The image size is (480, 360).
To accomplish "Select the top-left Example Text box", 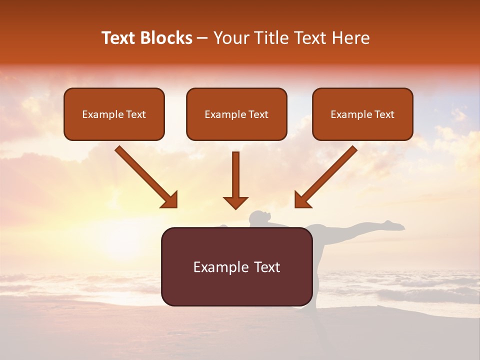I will point(114,114).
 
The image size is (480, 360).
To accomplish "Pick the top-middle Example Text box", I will point(236,114).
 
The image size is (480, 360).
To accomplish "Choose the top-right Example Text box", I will point(362,114).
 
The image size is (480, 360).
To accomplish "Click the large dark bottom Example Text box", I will point(236,266).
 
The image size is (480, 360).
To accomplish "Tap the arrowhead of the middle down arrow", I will point(235,202).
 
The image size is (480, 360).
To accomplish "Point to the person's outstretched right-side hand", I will point(397,226).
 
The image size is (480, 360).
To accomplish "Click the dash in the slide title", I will point(202,38).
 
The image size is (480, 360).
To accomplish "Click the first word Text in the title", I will point(118,38).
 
